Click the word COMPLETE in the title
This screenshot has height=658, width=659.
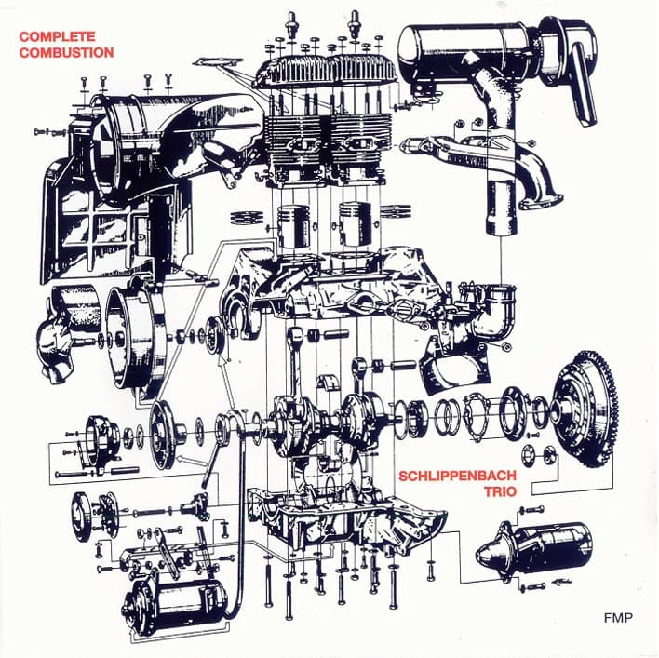(57, 36)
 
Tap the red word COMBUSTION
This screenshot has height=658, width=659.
(66, 52)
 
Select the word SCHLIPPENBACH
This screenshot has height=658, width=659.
(457, 476)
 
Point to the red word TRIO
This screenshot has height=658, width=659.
(500, 491)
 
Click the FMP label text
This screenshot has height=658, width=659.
(618, 618)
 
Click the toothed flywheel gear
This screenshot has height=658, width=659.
(585, 410)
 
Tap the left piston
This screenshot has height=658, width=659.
(293, 226)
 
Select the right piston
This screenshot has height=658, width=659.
(356, 225)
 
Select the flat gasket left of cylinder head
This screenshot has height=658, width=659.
(218, 62)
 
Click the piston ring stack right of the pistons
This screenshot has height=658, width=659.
(395, 211)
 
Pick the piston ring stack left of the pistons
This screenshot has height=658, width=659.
(248, 218)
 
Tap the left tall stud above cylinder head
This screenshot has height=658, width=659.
(290, 24)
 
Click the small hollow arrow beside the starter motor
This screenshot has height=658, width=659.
(562, 583)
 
